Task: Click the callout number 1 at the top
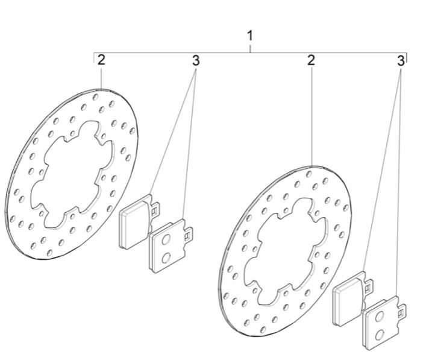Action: tap(250, 36)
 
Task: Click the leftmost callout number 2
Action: tap(101, 60)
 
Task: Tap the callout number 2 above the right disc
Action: tap(311, 60)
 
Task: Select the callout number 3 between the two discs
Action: tap(196, 60)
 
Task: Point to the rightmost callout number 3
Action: tap(401, 61)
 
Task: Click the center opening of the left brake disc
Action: tap(72, 175)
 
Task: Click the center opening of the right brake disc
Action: tap(285, 251)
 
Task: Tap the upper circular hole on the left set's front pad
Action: tap(165, 241)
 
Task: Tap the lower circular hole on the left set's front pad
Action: tap(166, 257)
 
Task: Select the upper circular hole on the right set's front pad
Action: tap(379, 317)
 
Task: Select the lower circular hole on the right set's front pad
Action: tap(379, 335)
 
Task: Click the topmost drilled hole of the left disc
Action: tap(95, 96)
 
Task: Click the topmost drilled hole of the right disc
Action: tap(309, 174)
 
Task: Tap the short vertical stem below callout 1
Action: tap(250, 49)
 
